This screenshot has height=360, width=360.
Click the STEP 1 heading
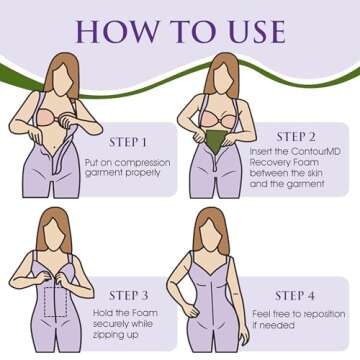click(x=128, y=142)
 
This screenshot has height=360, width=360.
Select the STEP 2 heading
click(x=296, y=137)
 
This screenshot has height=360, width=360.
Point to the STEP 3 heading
click(x=129, y=295)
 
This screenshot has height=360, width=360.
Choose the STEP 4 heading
click(x=295, y=296)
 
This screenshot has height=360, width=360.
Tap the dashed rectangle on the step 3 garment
click(x=56, y=302)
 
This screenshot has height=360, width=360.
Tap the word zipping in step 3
click(x=108, y=335)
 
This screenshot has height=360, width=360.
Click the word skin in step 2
click(x=314, y=173)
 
